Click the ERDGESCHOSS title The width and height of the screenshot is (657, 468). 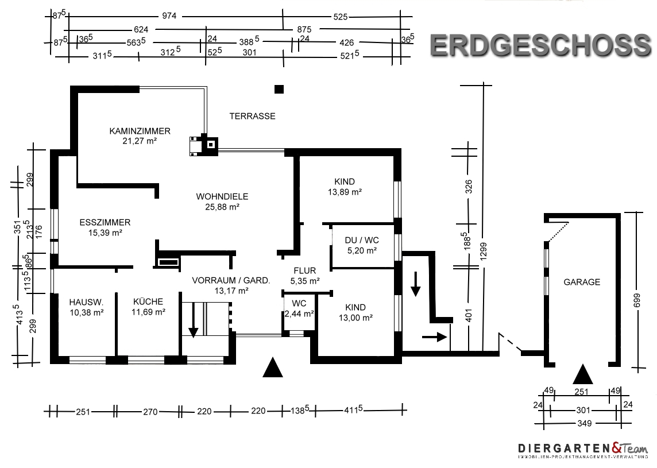tap(540, 45)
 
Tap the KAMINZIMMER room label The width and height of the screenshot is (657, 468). tap(140, 131)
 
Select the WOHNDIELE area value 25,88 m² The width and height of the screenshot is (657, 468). tap(222, 207)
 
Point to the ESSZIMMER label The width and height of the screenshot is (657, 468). tap(105, 222)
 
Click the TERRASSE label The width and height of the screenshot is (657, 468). tap(252, 116)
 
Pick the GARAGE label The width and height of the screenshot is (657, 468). tap(582, 282)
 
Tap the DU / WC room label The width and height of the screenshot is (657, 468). tap(362, 241)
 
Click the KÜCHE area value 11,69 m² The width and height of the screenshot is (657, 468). tap(148, 312)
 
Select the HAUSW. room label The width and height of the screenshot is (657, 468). tap(86, 302)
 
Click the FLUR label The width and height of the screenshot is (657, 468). tap(305, 270)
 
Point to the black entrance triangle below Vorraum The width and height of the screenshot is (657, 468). tap(272, 368)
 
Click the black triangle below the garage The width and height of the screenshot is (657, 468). tap(583, 374)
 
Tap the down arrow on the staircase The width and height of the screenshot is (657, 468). tap(193, 320)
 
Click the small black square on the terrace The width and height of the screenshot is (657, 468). tap(279, 89)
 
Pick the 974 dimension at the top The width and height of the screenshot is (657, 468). tap(169, 16)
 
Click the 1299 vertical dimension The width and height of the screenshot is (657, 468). tap(484, 252)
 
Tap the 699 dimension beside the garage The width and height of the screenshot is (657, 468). tap(637, 300)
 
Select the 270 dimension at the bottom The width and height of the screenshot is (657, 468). tap(150, 412)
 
